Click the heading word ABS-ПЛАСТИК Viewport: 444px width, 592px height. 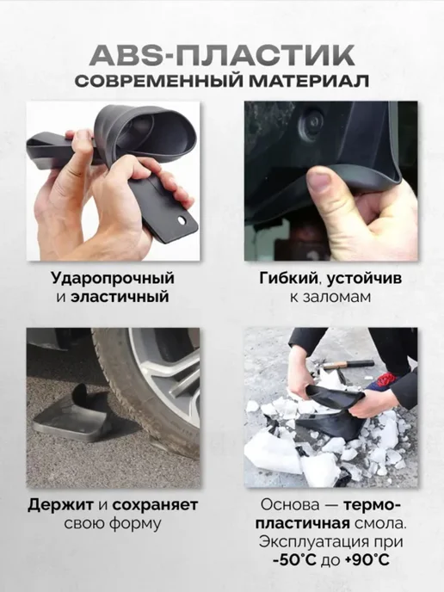point(222,55)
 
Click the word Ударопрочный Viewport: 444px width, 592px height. point(113,279)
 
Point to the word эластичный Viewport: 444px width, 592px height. point(120,296)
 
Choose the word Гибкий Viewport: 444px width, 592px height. point(287,279)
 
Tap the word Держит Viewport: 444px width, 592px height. point(60,505)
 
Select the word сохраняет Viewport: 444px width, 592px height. point(155,505)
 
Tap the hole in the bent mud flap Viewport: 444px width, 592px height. point(182,219)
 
